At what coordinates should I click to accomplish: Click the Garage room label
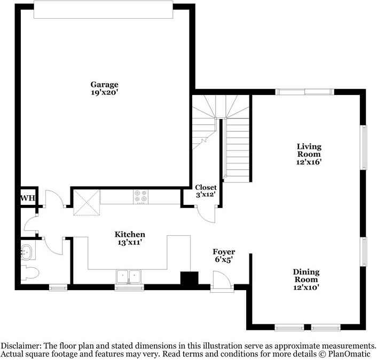[x=104, y=84]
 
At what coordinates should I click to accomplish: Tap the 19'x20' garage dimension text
[x=104, y=92]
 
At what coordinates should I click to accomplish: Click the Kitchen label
[x=130, y=234]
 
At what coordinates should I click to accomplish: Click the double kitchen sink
[x=128, y=276]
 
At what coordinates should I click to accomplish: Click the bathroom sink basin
[x=26, y=251]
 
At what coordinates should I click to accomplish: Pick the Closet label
[x=206, y=187]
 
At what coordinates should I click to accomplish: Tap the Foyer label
[x=224, y=252]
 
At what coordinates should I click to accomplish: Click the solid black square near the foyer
[x=189, y=279]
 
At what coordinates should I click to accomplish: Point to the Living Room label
[x=309, y=150]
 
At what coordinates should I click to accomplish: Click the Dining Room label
[x=305, y=276]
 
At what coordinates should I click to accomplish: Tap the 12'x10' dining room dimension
[x=305, y=287]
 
